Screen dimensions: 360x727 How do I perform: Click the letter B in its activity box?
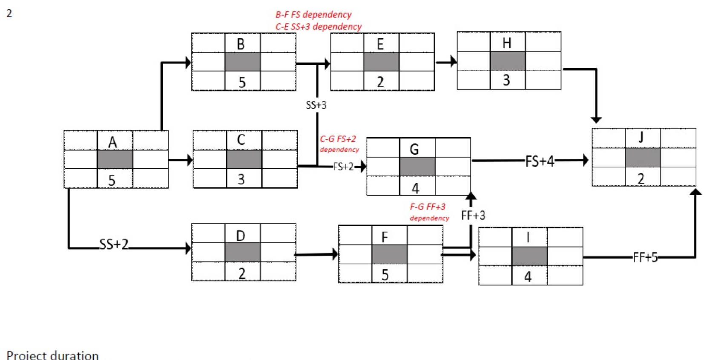(241, 44)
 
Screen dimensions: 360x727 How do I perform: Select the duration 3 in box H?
(506, 80)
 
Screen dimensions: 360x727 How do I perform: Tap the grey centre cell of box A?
(115, 159)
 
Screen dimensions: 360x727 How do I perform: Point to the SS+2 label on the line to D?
(113, 245)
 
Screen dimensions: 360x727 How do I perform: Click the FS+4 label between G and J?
(540, 161)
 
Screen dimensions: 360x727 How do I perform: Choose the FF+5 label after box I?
(645, 257)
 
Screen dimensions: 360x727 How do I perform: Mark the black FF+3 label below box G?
(473, 216)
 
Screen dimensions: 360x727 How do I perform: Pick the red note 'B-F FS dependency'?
(313, 14)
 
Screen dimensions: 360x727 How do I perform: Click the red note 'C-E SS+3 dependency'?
(318, 26)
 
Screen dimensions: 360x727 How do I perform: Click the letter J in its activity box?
(641, 137)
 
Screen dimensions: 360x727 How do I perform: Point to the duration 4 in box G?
(415, 188)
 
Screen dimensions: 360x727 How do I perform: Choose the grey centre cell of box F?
(389, 255)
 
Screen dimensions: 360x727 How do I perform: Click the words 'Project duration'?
(52, 355)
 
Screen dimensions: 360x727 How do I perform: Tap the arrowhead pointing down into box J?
(596, 120)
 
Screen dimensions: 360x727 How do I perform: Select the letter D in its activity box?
(241, 236)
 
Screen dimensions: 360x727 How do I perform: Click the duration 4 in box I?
(528, 277)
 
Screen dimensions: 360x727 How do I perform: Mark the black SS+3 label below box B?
(316, 105)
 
